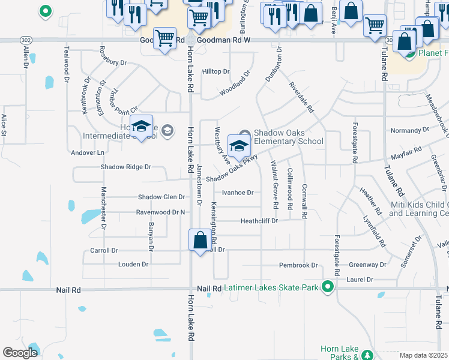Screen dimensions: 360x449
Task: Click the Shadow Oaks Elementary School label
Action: [288, 137]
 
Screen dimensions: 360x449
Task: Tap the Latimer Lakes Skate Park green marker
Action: [328, 287]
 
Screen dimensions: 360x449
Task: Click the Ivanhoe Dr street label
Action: [238, 193]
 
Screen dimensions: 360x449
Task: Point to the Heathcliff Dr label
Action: [259, 221]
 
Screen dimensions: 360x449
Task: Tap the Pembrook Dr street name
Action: [298, 265]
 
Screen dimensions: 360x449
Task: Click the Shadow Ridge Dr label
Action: [125, 167]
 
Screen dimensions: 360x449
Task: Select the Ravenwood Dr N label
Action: [161, 212]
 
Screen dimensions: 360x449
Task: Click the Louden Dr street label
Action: [133, 264]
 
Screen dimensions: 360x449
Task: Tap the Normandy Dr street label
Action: [406, 130]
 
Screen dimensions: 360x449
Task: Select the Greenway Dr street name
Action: [368, 265]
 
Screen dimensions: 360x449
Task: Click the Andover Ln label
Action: [88, 152]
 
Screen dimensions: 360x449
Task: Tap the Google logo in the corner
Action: [20, 353]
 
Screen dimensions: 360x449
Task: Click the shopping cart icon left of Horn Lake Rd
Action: [164, 40]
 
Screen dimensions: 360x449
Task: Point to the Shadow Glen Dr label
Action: [161, 197]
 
